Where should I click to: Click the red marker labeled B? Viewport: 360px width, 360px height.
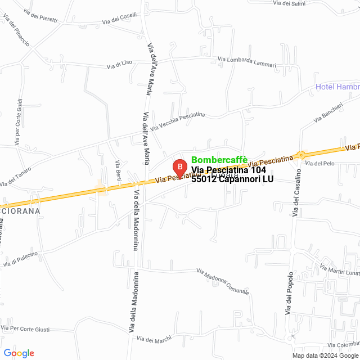(179, 168)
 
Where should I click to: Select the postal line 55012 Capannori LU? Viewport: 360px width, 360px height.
(232, 179)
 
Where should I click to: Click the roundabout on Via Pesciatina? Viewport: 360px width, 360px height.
(301, 155)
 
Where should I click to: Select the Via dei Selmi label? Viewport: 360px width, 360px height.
(290, 3)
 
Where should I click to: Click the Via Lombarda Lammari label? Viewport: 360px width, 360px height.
(247, 61)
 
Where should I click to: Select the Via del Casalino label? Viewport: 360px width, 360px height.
(295, 194)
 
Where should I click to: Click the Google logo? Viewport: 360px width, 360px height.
(19, 353)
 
